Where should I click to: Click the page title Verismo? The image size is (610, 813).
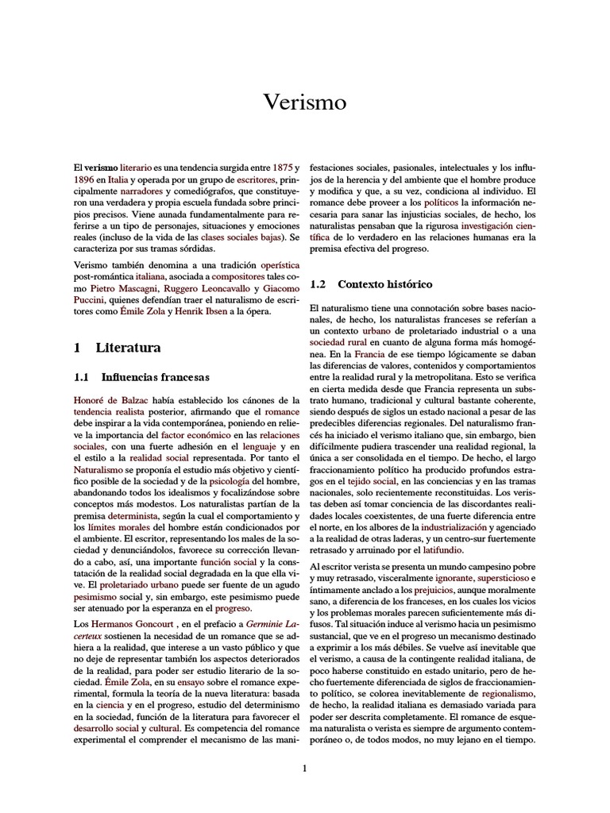(x=305, y=103)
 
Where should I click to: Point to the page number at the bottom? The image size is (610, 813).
(x=305, y=767)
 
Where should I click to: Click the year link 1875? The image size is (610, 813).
(x=282, y=169)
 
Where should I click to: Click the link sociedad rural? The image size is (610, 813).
(x=342, y=341)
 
